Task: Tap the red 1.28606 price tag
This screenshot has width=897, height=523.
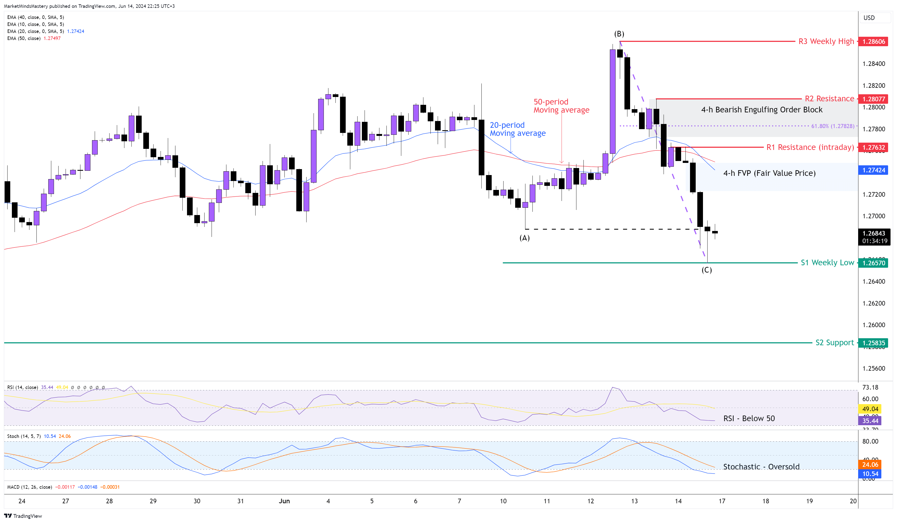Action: click(874, 41)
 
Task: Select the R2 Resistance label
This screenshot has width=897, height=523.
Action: click(829, 99)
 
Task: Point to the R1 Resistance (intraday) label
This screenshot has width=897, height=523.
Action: click(810, 147)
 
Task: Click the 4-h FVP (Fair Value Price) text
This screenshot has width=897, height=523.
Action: click(769, 173)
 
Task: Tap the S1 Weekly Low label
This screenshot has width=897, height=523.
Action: click(827, 263)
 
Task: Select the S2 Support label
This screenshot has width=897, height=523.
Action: click(834, 343)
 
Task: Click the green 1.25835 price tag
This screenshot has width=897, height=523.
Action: click(874, 343)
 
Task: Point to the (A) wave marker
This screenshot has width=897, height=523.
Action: click(524, 238)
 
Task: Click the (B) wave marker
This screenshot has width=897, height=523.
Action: click(619, 34)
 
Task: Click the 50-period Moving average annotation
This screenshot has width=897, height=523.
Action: click(561, 106)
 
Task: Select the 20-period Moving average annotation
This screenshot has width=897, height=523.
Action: click(517, 129)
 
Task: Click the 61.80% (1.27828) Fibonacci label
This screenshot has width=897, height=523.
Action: click(832, 126)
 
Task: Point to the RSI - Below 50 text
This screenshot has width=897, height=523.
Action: click(749, 418)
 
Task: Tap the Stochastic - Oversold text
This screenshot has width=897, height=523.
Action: click(761, 467)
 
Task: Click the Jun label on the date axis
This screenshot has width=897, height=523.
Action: click(284, 501)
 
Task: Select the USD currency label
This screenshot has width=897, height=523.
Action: click(869, 18)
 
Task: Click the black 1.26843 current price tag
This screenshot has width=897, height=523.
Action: click(874, 233)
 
